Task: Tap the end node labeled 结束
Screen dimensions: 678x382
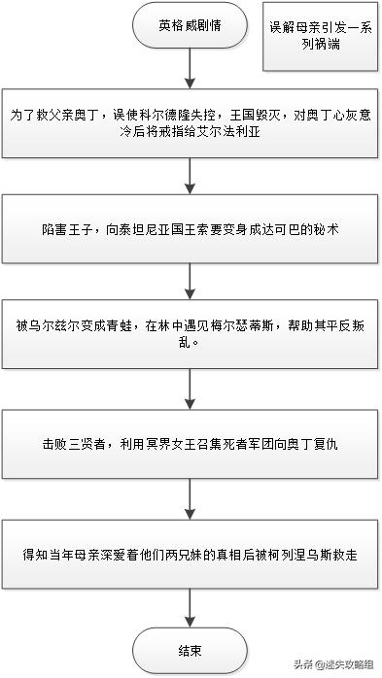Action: point(191,649)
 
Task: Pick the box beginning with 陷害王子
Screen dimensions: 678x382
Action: point(191,229)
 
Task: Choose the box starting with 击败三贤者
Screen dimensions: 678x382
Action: point(191,443)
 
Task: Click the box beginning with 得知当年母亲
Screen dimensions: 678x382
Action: point(191,551)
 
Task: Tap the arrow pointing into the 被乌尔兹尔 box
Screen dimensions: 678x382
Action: point(191,283)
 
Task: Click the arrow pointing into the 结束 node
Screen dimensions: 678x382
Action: point(191,604)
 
